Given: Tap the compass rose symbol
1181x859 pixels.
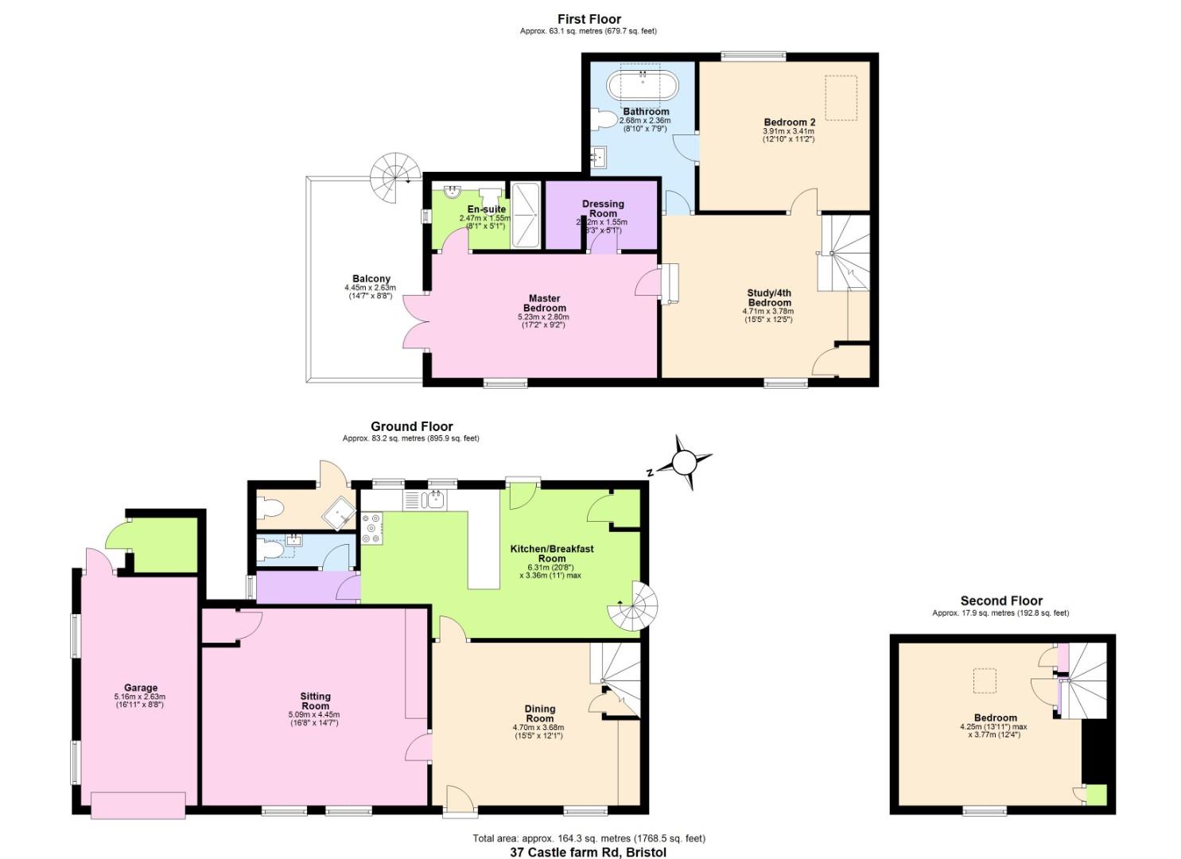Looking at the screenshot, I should click(683, 461).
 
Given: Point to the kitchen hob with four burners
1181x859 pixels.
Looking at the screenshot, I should click(371, 528).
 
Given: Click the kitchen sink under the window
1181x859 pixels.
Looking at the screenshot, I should click(426, 499).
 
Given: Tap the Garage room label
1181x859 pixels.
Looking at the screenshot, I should click(140, 688).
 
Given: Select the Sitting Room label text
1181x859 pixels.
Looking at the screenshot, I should click(315, 701).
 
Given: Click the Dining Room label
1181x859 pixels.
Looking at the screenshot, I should click(540, 713).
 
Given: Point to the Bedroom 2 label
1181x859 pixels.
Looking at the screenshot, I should click(789, 122).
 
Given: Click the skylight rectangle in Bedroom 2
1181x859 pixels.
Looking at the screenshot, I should click(841, 97).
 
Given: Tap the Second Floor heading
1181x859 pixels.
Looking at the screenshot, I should click(1000, 601).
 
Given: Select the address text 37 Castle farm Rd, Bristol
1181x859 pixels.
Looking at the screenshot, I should click(588, 852).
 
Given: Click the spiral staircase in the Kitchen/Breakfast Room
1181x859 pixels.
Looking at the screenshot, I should click(634, 606).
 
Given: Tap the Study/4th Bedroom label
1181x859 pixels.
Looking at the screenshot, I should click(767, 297).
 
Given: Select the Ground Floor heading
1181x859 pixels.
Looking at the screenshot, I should click(411, 427).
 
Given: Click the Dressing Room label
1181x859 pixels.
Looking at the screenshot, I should click(603, 208).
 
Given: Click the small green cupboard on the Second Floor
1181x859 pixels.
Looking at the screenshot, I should click(1097, 795).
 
